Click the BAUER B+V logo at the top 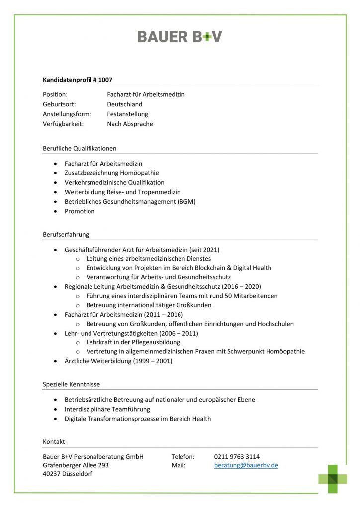180,36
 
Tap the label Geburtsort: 59,104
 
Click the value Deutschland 124,104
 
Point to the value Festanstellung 127,114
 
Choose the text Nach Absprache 130,124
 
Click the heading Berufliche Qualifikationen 80,148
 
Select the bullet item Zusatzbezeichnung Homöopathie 111,173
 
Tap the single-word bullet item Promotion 80,211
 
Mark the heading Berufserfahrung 66,234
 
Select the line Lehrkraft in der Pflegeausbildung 133,342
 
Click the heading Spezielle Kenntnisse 71,384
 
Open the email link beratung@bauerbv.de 246,466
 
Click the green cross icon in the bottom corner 333,479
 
